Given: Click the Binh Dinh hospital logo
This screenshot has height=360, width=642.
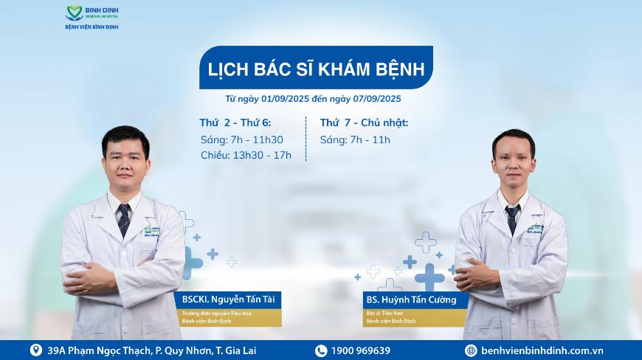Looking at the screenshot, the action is (x=92, y=18).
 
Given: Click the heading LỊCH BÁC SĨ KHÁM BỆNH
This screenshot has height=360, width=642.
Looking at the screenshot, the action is (x=316, y=69).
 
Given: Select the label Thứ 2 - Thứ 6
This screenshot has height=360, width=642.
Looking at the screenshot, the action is (x=235, y=122).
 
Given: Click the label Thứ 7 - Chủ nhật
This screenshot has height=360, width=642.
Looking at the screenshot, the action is (x=364, y=122).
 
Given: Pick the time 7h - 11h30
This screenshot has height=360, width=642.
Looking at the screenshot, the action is (x=257, y=140).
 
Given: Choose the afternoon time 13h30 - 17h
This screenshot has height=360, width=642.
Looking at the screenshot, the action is (x=262, y=156).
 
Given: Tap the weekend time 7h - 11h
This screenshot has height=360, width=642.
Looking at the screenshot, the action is (x=370, y=140).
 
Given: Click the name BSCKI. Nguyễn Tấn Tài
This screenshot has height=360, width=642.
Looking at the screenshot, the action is (x=229, y=300).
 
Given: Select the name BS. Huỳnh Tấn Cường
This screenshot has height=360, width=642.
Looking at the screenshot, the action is (x=411, y=300).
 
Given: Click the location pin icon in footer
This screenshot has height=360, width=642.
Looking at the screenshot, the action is (x=36, y=350).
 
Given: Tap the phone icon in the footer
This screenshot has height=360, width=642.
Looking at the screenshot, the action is (x=321, y=350).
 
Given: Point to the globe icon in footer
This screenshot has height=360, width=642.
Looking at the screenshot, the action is (x=471, y=350).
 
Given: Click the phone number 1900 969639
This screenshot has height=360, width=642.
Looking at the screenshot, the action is (x=361, y=350).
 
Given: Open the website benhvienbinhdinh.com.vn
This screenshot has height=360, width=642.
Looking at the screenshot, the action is (x=542, y=350).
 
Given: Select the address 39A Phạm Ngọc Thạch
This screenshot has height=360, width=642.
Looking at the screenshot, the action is (x=100, y=350).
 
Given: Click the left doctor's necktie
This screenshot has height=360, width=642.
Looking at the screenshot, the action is (x=124, y=220).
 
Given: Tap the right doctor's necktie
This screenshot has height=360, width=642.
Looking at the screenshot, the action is (x=512, y=219).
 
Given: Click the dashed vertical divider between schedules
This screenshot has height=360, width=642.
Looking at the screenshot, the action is (x=306, y=139).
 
